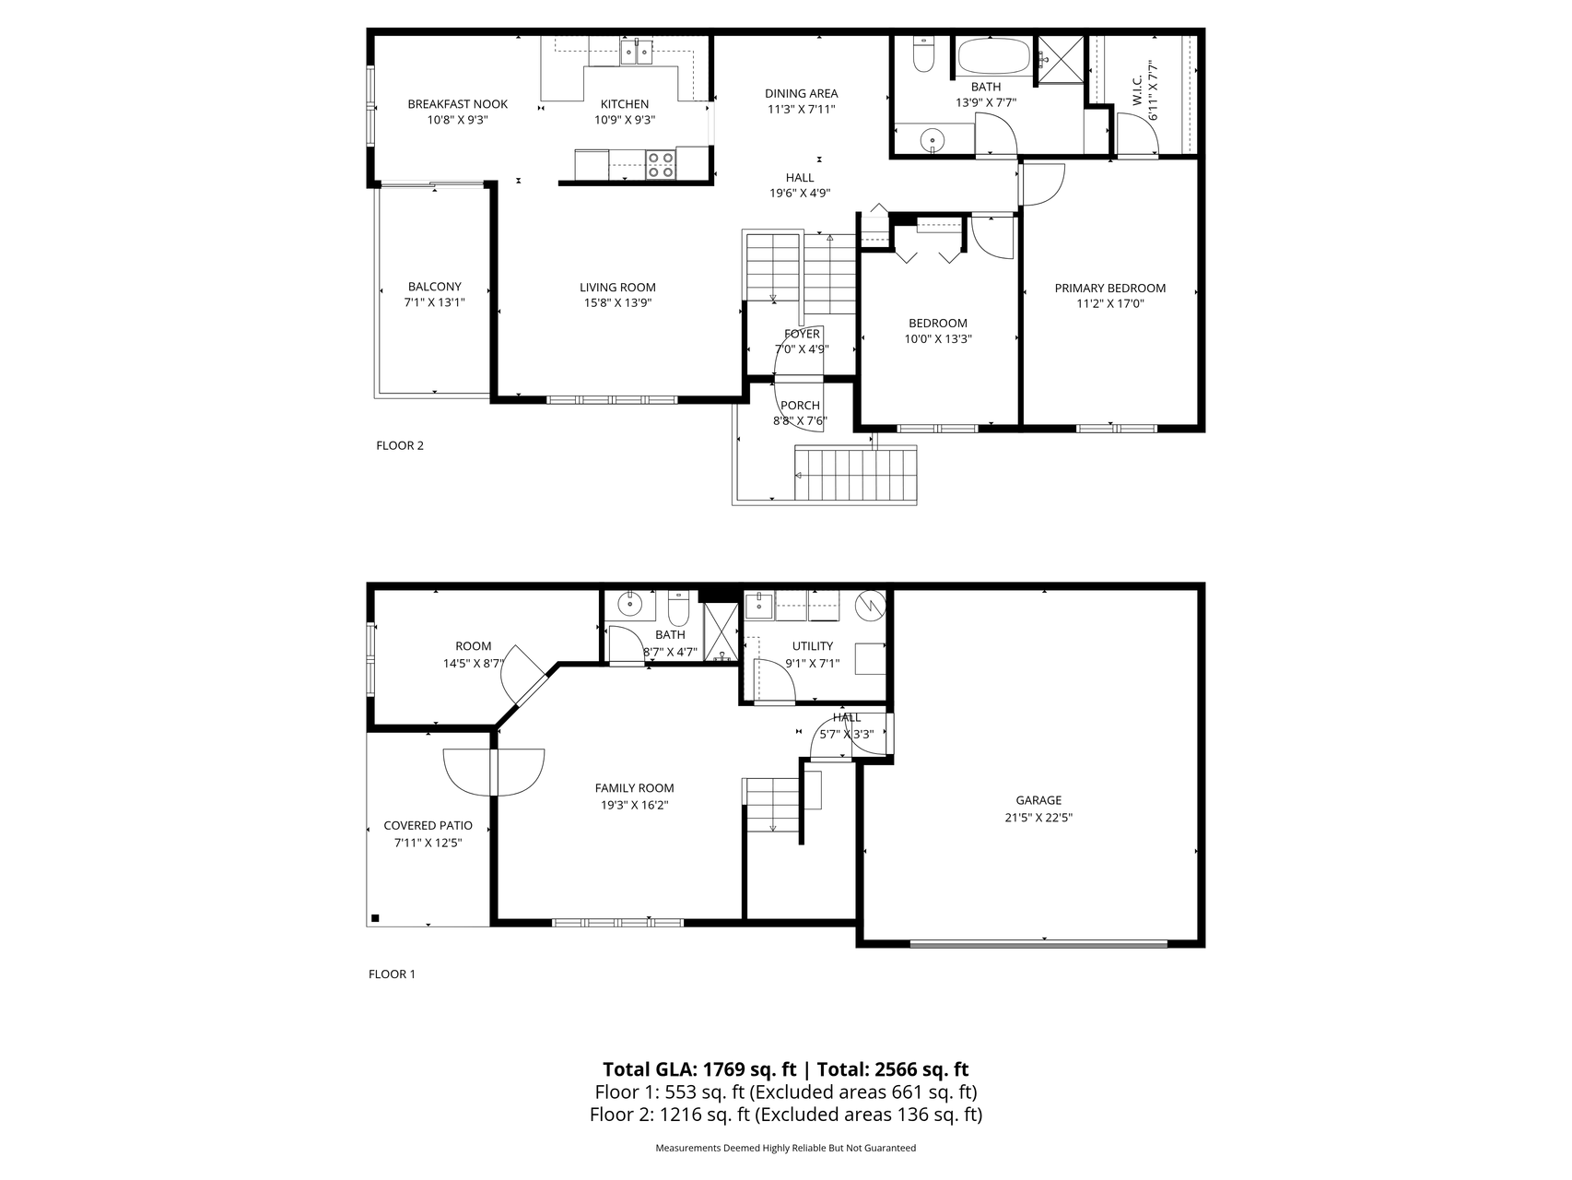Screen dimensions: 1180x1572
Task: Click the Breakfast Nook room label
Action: pyautogui.click(x=457, y=104)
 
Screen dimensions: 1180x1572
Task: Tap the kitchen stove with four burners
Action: pyautogui.click(x=660, y=164)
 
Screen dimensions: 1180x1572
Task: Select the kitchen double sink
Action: pyautogui.click(x=636, y=52)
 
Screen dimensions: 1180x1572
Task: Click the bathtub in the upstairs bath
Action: pyautogui.click(x=993, y=56)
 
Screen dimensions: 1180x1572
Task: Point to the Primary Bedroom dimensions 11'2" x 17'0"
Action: pyautogui.click(x=1109, y=303)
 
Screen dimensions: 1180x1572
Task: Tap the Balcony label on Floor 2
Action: pyautogui.click(x=434, y=287)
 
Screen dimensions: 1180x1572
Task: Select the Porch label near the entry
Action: pyautogui.click(x=800, y=406)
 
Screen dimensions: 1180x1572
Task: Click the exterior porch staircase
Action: pyautogui.click(x=856, y=474)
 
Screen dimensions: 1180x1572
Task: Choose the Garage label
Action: pyautogui.click(x=1038, y=800)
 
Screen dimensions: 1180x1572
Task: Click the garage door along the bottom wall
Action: pyautogui.click(x=1038, y=943)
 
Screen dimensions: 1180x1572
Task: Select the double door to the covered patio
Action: pyautogui.click(x=494, y=773)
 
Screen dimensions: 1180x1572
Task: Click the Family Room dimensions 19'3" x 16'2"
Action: pyautogui.click(x=634, y=805)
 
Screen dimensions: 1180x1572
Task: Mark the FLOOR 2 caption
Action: pyautogui.click(x=400, y=446)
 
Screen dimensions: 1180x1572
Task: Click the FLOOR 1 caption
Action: pyautogui.click(x=392, y=974)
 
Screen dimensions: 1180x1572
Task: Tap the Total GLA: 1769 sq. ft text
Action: pyautogui.click(x=699, y=1069)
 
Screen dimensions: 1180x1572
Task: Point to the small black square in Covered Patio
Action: pyautogui.click(x=375, y=917)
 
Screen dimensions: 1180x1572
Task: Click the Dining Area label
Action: pyautogui.click(x=801, y=93)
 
